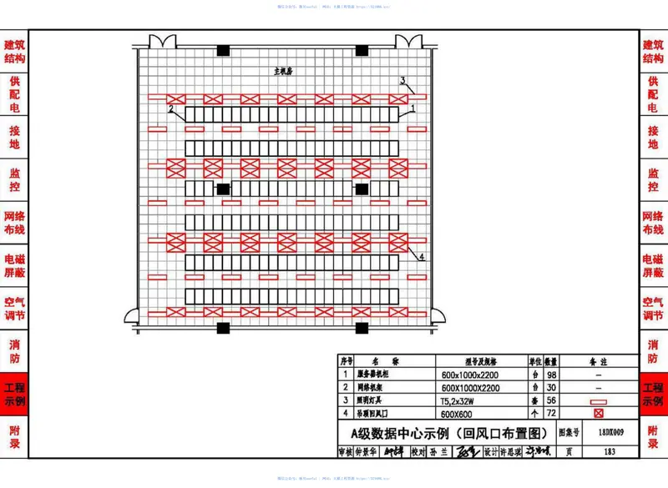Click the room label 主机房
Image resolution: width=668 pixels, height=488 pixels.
283,73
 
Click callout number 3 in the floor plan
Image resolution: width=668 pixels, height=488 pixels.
403,81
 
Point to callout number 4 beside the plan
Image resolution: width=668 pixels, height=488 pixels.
423,257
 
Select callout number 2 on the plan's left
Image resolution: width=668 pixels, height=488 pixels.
170,109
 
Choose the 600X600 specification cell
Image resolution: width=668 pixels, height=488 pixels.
458,414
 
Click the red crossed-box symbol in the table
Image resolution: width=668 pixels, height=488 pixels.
597,414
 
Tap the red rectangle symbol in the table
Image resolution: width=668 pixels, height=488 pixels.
597,401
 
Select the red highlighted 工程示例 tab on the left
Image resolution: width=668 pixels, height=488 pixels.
14,395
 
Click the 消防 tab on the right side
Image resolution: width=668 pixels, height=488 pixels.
653,351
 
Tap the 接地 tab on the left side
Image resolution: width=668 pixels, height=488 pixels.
14,137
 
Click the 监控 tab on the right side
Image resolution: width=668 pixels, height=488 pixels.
653,180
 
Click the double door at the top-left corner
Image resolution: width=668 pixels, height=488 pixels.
160,41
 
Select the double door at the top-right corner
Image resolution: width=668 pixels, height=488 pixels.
407,41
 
